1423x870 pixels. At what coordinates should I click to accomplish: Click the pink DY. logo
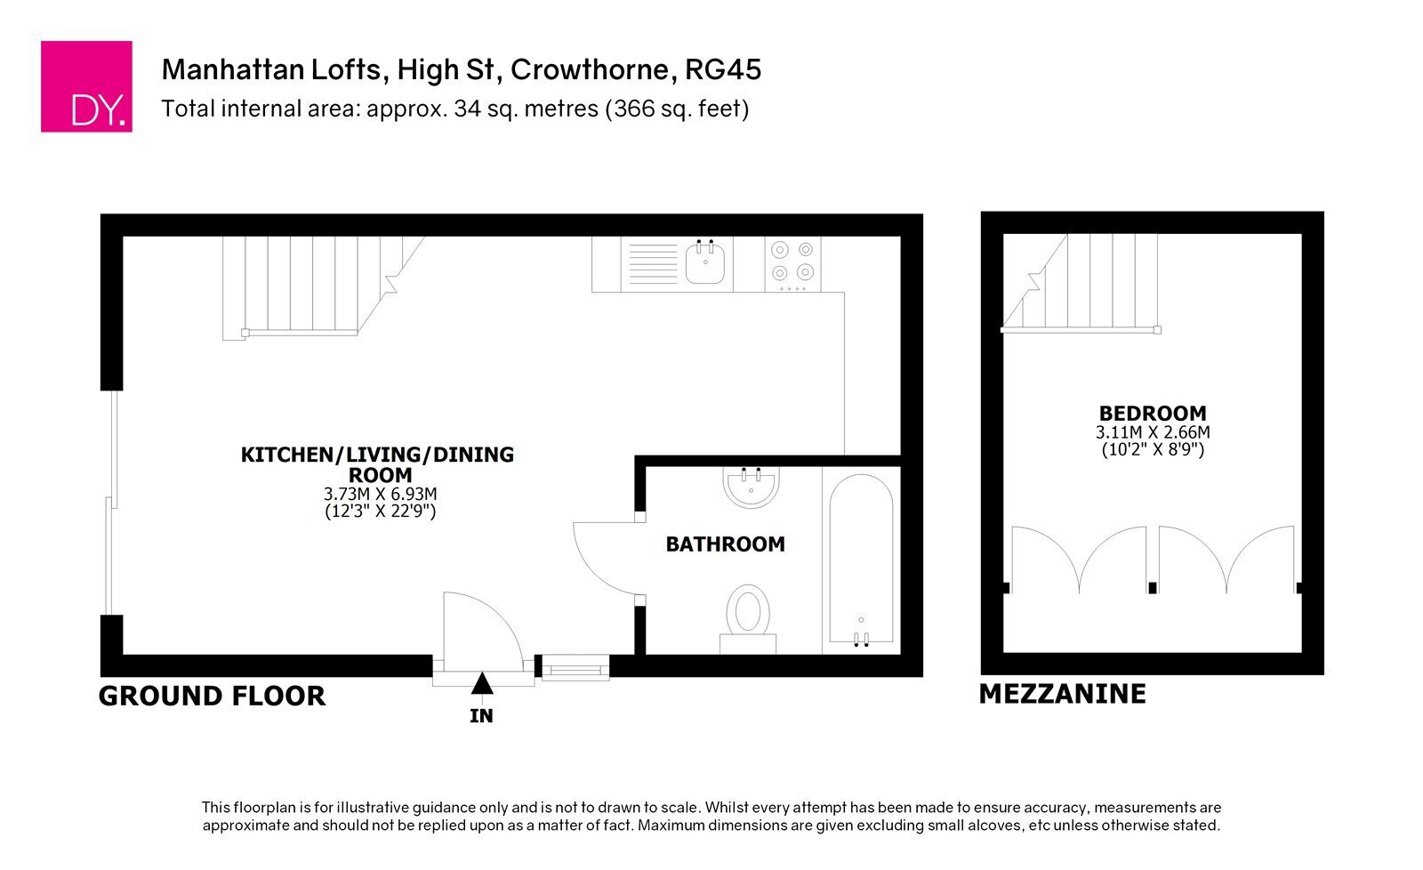tap(86, 86)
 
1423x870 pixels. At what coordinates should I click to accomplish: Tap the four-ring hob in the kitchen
tap(792, 264)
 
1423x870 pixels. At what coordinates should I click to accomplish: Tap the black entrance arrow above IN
tap(482, 683)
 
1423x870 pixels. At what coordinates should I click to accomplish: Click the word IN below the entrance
tap(481, 716)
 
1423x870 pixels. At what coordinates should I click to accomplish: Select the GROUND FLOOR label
tap(213, 697)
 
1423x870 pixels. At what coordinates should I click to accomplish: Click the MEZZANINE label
tap(1063, 694)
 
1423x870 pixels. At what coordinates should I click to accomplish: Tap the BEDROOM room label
tap(1153, 414)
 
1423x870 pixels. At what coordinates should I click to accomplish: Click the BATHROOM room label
tap(726, 544)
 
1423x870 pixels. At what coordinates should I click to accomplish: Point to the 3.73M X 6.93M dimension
tap(381, 494)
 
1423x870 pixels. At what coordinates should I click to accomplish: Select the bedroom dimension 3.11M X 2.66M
tap(1153, 432)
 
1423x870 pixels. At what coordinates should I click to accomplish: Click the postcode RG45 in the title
tap(723, 70)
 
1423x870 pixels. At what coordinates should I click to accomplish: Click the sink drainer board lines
tap(653, 263)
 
